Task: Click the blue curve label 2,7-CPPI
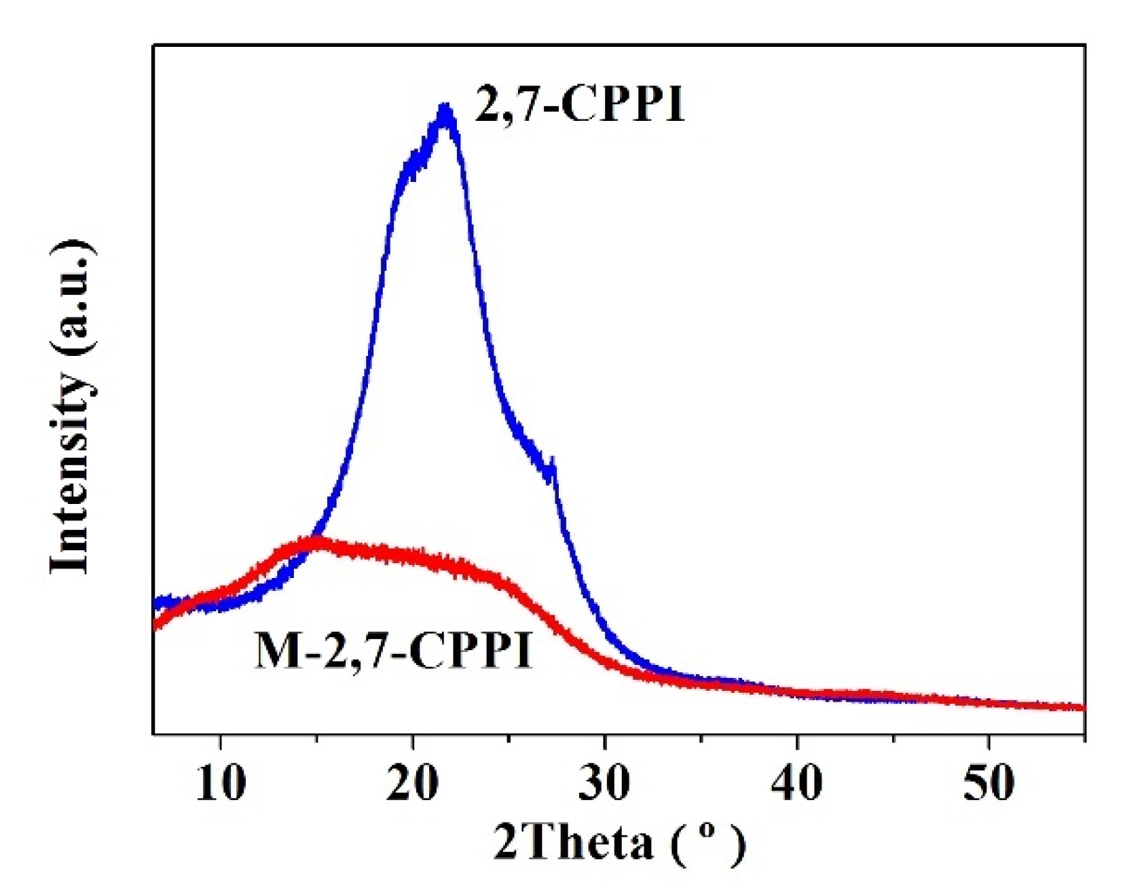coord(578,105)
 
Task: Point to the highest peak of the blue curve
coord(445,109)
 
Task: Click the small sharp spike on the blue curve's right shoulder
coord(553,462)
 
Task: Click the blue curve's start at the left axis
coord(155,602)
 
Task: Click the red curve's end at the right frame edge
coord(1084,708)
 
